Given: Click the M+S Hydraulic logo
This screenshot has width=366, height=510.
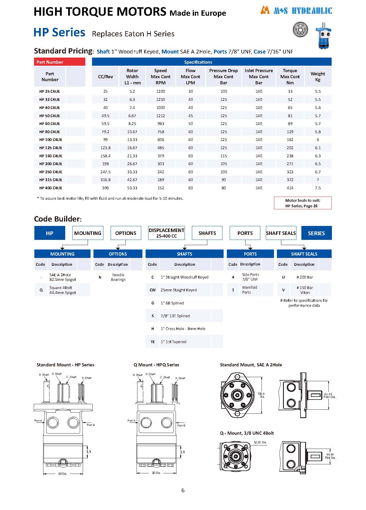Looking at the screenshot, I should click(296, 10).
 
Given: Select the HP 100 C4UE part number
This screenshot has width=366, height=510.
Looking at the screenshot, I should click(51, 140).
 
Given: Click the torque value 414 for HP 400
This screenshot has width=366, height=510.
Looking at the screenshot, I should click(290, 188).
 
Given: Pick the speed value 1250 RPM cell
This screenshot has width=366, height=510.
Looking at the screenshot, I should click(160, 99).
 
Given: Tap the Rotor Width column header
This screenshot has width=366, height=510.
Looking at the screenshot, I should click(132, 77).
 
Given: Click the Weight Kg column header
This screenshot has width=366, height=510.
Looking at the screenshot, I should click(318, 77).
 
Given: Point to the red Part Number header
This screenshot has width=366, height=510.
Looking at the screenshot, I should click(59, 62).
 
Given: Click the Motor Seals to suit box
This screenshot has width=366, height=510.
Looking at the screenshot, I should click(303, 203).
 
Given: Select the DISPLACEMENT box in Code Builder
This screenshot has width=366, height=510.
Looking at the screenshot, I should click(166, 233).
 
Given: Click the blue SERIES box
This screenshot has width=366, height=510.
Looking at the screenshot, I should click(316, 233).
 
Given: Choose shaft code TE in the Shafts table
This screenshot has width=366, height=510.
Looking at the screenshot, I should click(153, 342).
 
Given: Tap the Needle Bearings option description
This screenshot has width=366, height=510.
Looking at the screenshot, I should click(118, 277).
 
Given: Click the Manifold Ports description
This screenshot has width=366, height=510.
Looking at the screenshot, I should click(250, 290).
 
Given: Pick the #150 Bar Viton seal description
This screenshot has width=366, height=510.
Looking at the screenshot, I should click(305, 290).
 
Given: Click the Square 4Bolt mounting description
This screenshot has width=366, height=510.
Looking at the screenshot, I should click(63, 290).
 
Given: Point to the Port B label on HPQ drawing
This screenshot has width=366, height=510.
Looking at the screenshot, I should click(181, 425).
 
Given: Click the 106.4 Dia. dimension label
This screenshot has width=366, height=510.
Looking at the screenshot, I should click(261, 395).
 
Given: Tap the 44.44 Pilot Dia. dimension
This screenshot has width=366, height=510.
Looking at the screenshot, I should click(330, 456).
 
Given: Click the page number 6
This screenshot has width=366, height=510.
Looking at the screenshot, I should click(183, 491).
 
